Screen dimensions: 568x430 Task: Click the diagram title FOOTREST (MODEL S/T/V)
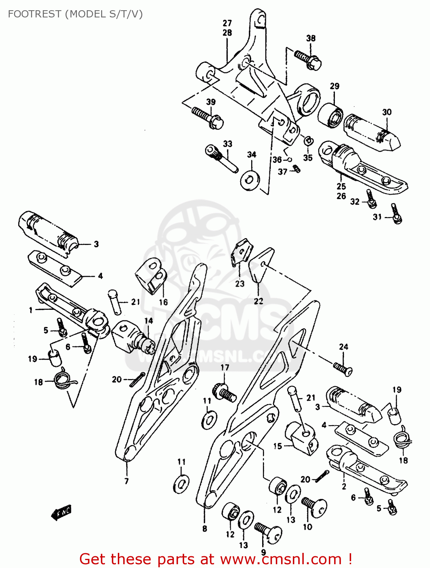pyautogui.click(x=75, y=14)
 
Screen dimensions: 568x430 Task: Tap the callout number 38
pyautogui.click(x=311, y=38)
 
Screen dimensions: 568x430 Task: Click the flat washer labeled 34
pyautogui.click(x=250, y=178)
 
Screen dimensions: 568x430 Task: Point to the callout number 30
pyautogui.click(x=386, y=112)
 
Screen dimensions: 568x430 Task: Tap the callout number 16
pyautogui.click(x=163, y=302)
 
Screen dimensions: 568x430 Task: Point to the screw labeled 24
pyautogui.click(x=343, y=368)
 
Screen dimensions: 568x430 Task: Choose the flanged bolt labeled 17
pyautogui.click(x=225, y=392)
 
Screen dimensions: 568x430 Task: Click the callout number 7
pyautogui.click(x=127, y=481)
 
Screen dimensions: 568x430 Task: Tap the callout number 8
pyautogui.click(x=205, y=529)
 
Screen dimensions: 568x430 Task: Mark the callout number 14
pyautogui.click(x=149, y=321)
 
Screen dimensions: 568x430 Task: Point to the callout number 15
pyautogui.click(x=278, y=446)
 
